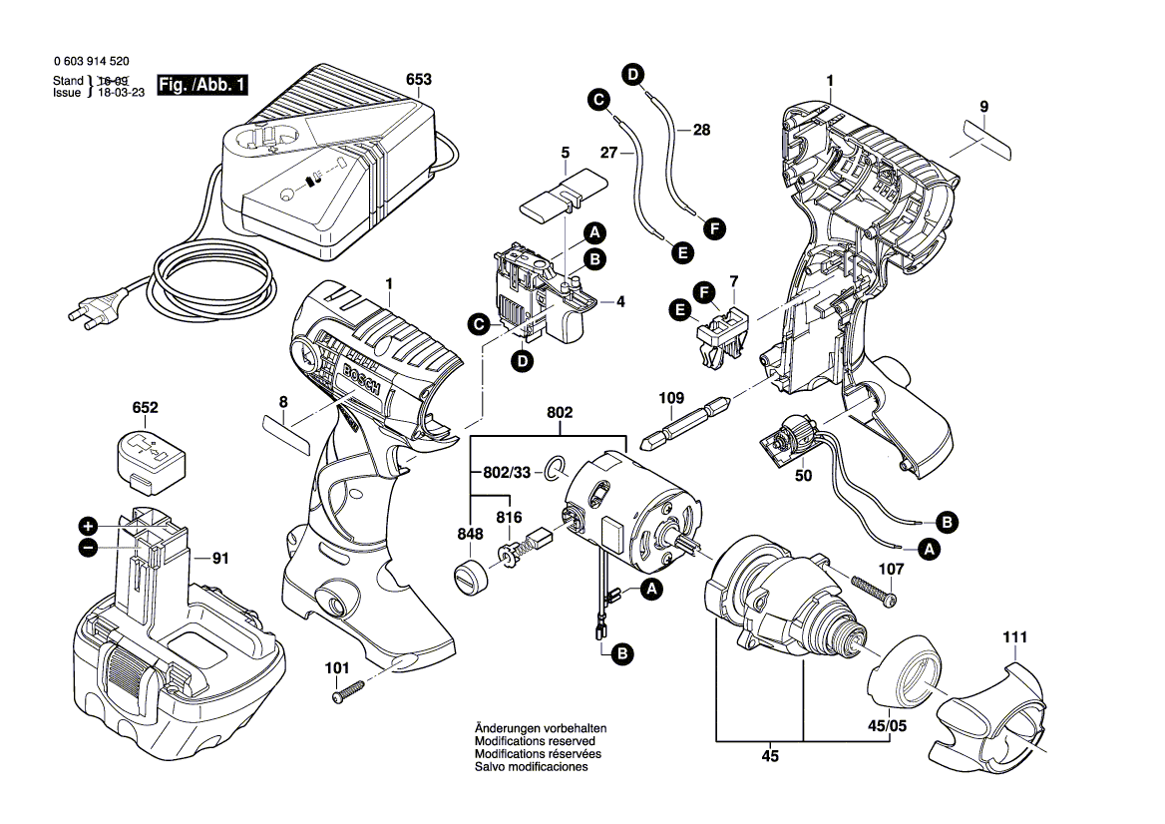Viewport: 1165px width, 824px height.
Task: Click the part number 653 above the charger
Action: pyautogui.click(x=419, y=78)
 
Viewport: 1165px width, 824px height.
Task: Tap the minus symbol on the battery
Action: pyautogui.click(x=88, y=547)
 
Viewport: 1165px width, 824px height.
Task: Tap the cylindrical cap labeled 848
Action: pyautogui.click(x=469, y=577)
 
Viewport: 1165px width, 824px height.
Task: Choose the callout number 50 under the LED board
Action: pyautogui.click(x=803, y=476)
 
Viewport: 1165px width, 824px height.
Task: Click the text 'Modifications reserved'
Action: pyautogui.click(x=535, y=742)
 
